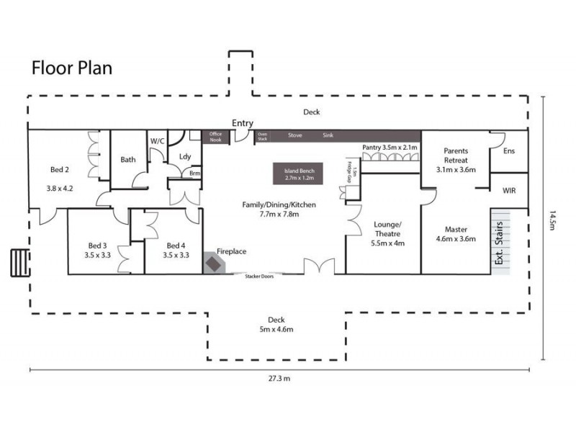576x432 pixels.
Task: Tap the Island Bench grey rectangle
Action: (x=298, y=174)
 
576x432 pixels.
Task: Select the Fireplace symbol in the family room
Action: (x=215, y=263)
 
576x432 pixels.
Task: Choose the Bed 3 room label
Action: (x=97, y=249)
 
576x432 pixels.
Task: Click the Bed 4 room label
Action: (x=176, y=249)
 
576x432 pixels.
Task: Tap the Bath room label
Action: (x=128, y=160)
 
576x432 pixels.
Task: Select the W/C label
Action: (x=158, y=140)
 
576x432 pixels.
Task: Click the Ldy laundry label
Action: (x=185, y=156)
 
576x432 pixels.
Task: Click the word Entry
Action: (x=242, y=124)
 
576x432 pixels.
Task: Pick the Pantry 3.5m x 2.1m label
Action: (x=389, y=148)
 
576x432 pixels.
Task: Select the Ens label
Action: (x=509, y=151)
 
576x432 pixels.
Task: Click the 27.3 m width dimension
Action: (x=278, y=378)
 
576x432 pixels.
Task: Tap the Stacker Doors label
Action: (x=259, y=276)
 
